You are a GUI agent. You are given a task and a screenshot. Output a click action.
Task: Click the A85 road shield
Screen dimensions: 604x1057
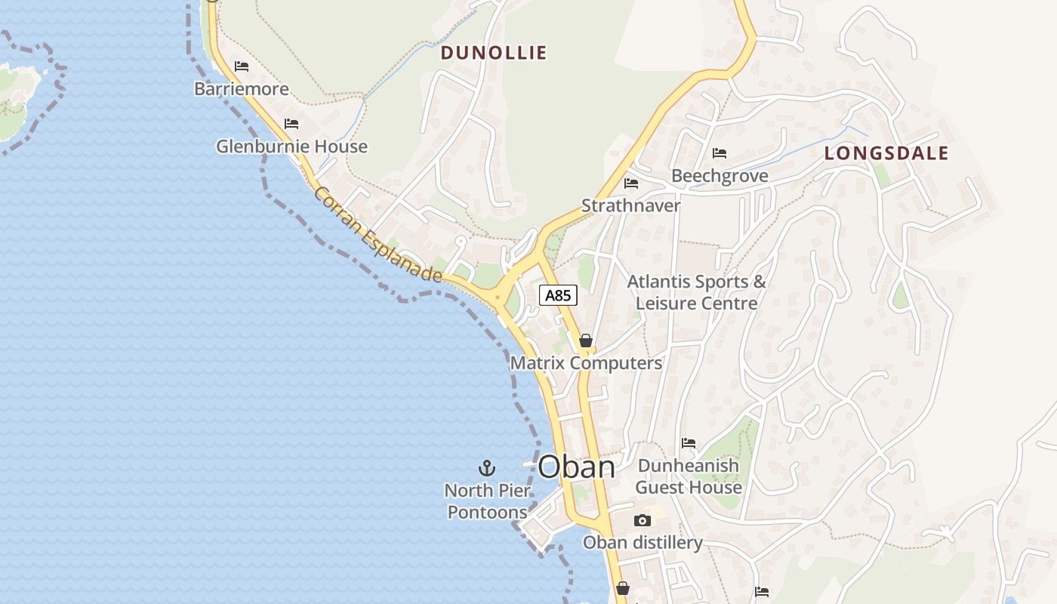[x=558, y=295]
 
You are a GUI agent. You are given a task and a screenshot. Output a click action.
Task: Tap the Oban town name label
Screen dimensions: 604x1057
[x=576, y=467]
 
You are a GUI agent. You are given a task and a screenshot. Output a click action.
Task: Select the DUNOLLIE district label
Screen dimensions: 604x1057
[x=493, y=53]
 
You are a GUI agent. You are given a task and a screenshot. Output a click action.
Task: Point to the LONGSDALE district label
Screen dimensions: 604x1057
[x=886, y=153]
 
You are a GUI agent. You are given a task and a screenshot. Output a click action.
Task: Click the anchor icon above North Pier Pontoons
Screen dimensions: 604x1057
[x=487, y=468]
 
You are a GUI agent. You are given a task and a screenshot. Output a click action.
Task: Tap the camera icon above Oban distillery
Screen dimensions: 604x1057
[x=643, y=520]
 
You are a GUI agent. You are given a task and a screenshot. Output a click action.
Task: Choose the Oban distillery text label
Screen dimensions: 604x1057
[x=643, y=542]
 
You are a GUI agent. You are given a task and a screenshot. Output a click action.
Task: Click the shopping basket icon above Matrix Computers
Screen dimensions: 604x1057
[x=585, y=341]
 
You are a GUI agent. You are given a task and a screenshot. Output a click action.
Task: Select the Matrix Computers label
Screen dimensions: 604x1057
[x=586, y=363]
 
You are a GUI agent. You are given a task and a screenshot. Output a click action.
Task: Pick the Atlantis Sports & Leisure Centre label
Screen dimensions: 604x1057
[x=697, y=292]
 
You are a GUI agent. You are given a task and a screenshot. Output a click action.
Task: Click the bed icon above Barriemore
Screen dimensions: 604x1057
[x=242, y=66]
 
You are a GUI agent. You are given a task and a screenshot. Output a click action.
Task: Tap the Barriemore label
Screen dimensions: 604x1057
[x=242, y=89]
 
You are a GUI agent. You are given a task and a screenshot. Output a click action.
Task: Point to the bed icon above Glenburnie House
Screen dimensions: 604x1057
[x=291, y=124]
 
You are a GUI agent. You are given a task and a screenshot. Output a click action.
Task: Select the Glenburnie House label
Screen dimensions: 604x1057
[x=291, y=146]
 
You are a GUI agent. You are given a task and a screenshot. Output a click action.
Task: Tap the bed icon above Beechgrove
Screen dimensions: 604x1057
[x=720, y=153]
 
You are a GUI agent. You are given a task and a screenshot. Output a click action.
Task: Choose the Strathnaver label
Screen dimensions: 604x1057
[x=630, y=205]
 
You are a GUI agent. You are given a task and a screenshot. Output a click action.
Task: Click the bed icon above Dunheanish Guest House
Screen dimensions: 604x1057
[x=688, y=443]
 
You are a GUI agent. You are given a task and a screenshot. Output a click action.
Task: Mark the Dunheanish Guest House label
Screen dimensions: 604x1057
[x=688, y=476]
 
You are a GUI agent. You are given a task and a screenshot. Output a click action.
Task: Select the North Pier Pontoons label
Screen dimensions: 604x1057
[x=487, y=501]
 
